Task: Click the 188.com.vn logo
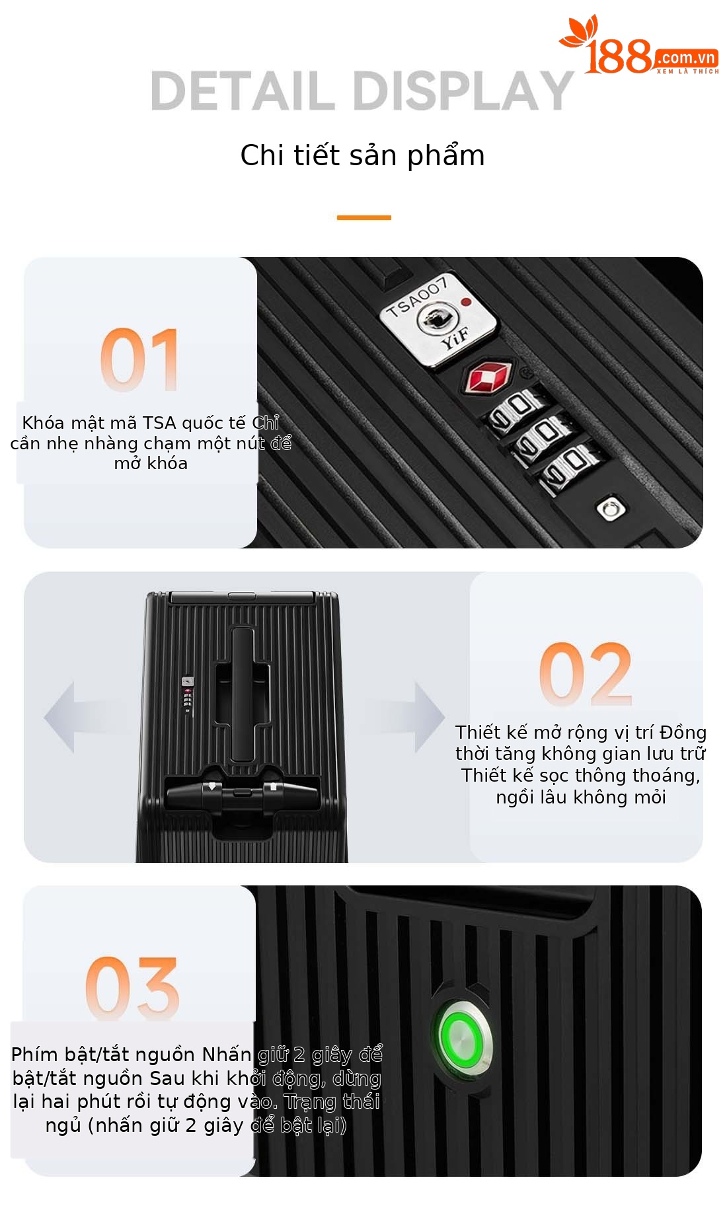pyautogui.click(x=639, y=46)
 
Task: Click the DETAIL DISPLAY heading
pyautogui.click(x=362, y=91)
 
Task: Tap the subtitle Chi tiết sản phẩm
pyautogui.click(x=362, y=156)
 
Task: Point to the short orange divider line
pyautogui.click(x=363, y=217)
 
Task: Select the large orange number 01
pyautogui.click(x=139, y=359)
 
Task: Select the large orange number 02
pyautogui.click(x=586, y=674)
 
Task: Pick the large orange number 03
pyautogui.click(x=132, y=987)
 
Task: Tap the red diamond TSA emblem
pyautogui.click(x=490, y=377)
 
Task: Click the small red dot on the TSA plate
pyautogui.click(x=466, y=302)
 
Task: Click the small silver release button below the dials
pyautogui.click(x=611, y=508)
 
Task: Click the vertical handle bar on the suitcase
pyautogui.click(x=243, y=694)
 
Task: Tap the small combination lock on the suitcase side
pyautogui.click(x=188, y=694)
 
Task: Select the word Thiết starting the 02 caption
pyautogui.click(x=478, y=733)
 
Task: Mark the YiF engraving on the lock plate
pyautogui.click(x=455, y=338)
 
